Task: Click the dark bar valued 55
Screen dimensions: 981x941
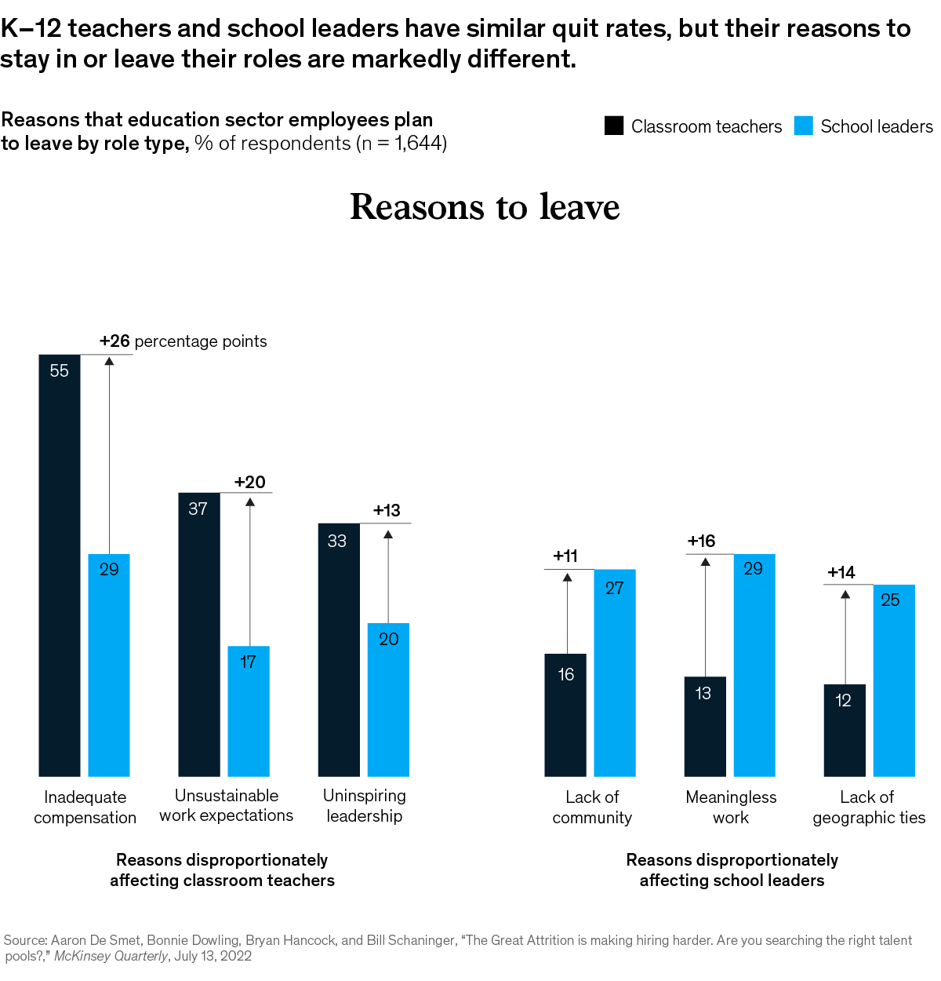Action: click(60, 565)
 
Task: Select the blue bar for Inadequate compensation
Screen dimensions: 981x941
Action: click(109, 665)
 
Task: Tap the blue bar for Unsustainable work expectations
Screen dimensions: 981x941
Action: click(249, 711)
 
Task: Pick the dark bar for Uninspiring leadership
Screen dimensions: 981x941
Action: click(339, 650)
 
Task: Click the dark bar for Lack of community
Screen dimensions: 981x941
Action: click(565, 715)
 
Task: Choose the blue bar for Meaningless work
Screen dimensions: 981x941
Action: click(754, 665)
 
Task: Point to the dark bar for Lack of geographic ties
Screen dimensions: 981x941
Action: click(845, 730)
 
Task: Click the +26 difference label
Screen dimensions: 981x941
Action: click(114, 341)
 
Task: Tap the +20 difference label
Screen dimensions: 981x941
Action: click(250, 483)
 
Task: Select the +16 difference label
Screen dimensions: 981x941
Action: click(701, 542)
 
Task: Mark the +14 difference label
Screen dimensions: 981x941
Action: click(841, 573)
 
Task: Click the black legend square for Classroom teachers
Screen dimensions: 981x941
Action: click(614, 126)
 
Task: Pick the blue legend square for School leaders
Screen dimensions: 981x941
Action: click(804, 126)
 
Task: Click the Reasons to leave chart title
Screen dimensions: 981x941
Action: click(485, 207)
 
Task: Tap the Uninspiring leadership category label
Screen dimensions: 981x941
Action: click(365, 806)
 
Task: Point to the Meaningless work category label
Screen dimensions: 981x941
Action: click(731, 808)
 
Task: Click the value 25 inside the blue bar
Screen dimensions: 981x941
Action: click(890, 600)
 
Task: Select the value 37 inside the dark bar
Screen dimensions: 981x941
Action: click(198, 509)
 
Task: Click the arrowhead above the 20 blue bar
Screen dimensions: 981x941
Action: click(388, 534)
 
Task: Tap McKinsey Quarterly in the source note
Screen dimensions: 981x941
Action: click(111, 956)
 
